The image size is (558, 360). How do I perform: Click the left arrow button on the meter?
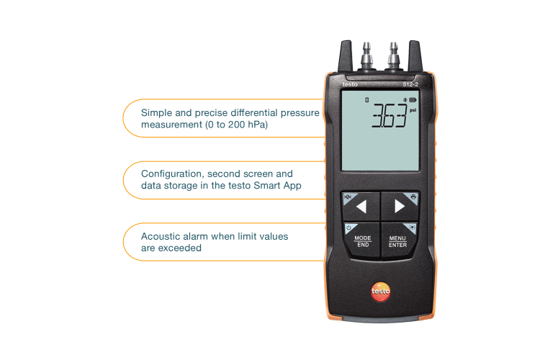(361, 207)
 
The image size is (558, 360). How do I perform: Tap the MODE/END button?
(362, 240)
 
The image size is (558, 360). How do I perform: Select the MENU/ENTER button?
(397, 240)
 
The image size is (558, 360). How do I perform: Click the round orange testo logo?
(380, 291)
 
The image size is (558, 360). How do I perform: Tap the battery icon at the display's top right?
(413, 99)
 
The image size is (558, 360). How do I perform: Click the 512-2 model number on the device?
(410, 85)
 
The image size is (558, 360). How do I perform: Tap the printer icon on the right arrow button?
(413, 196)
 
